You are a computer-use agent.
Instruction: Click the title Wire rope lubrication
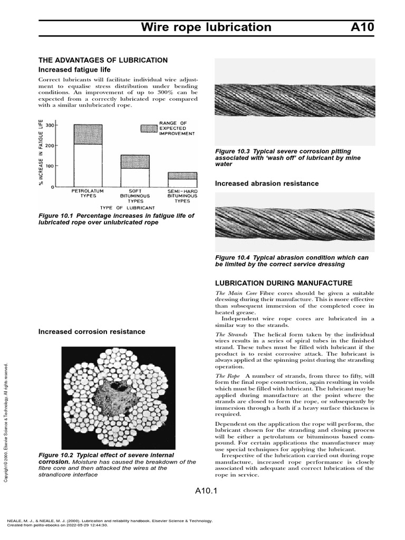tap(206, 27)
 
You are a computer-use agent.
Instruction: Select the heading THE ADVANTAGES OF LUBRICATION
tap(103, 60)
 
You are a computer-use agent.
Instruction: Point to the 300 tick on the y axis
tap(51, 125)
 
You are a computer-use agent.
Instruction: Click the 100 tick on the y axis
tap(51, 167)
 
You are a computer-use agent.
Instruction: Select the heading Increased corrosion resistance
tap(92, 332)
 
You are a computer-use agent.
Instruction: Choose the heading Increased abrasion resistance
tap(267, 184)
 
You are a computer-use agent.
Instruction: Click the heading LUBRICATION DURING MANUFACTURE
tap(284, 283)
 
